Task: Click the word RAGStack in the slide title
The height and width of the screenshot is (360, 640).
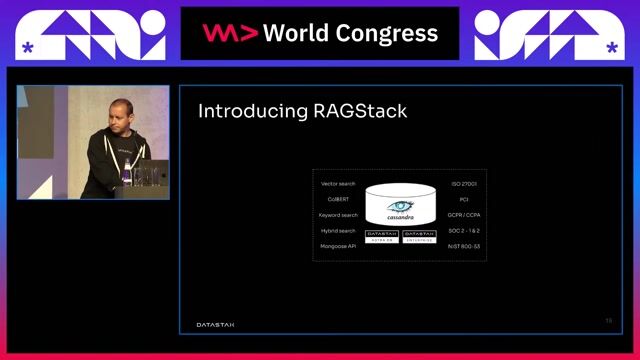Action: [358, 110]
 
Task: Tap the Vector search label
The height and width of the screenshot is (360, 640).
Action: [338, 184]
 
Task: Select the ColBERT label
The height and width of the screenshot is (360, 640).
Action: [338, 199]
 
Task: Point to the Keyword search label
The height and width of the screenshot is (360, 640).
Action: [338, 215]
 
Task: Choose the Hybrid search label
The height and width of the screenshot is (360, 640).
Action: [338, 230]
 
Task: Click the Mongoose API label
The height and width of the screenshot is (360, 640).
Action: [338, 245]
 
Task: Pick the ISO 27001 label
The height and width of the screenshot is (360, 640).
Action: [464, 184]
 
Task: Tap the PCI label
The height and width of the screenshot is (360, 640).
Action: [464, 199]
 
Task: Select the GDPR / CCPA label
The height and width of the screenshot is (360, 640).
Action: [464, 215]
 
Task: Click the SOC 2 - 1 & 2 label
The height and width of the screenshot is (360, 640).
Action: [464, 230]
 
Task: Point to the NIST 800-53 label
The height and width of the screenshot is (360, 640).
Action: [464, 245]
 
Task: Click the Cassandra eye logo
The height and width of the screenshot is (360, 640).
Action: [400, 207]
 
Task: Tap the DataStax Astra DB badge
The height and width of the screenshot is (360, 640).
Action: [382, 236]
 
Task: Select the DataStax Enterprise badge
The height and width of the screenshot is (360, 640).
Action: [419, 236]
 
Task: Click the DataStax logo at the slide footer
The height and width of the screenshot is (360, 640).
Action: [216, 323]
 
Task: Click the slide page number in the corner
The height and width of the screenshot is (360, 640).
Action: [608, 321]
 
